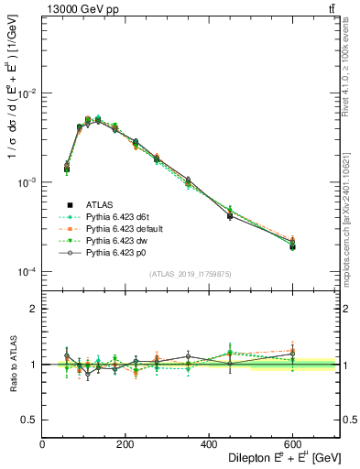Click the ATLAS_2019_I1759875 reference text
tap(191, 273)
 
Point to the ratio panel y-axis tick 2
tap(33, 309)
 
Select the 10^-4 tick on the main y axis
tap(27, 272)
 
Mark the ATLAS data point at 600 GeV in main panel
tap(292, 246)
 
